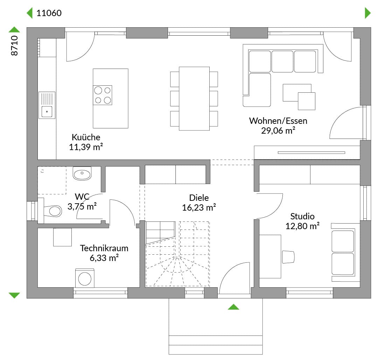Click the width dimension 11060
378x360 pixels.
click(49, 13)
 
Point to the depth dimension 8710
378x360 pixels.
click(14, 45)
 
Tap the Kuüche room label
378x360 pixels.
click(86, 137)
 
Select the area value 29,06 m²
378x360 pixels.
click(278, 130)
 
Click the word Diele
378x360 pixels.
click(199, 198)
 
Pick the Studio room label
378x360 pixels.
click(302, 217)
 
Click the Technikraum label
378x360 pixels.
click(104, 248)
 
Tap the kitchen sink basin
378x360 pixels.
click(47, 112)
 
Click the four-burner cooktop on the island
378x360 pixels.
click(103, 95)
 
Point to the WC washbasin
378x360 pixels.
click(82, 174)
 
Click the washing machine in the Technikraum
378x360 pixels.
click(85, 278)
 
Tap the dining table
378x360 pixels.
click(194, 99)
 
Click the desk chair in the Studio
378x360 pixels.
click(288, 257)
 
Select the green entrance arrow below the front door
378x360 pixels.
click(233, 307)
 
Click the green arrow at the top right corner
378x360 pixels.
click(368, 13)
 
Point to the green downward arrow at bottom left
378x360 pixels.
click(14, 295)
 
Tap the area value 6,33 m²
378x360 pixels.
click(104, 258)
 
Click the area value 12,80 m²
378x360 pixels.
click(302, 226)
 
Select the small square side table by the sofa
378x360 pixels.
click(306, 101)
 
